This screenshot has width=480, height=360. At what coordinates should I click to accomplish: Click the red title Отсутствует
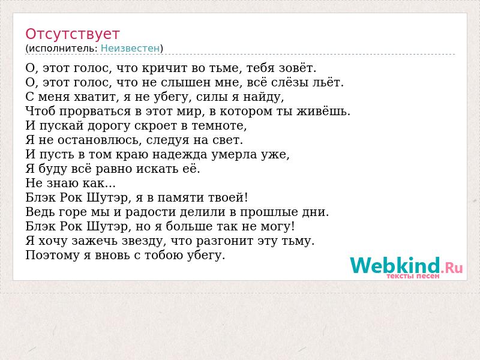(72, 34)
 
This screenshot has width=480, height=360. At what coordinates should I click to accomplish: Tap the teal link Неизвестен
(130, 49)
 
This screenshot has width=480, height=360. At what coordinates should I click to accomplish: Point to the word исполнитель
(63, 49)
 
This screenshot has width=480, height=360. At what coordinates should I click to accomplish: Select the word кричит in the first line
(164, 68)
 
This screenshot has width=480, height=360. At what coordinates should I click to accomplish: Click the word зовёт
(297, 68)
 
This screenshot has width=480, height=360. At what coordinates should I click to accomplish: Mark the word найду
(263, 97)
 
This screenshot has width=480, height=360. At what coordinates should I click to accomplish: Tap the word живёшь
(323, 111)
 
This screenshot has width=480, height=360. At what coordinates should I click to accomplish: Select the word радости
(151, 212)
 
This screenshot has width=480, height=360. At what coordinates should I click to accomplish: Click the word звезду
(144, 241)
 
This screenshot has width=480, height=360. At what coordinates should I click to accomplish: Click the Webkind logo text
(407, 265)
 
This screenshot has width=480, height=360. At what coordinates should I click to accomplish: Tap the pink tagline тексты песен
(413, 276)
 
